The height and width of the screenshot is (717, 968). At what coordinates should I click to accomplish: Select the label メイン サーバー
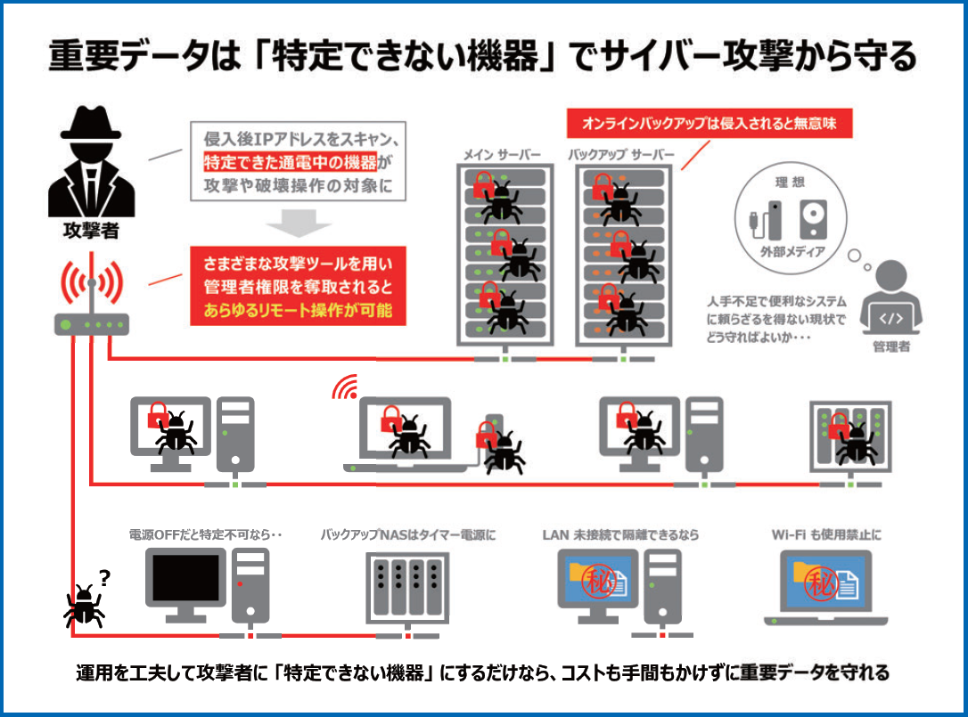point(502,156)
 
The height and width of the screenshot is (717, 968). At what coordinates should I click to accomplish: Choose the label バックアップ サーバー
point(621,156)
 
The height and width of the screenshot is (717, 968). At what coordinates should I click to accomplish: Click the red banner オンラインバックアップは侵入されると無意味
point(710,121)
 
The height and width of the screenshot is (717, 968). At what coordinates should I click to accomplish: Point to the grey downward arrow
point(299,224)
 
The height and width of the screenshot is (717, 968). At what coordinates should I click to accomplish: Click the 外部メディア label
point(785,252)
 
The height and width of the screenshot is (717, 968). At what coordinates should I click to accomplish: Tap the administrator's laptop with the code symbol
point(891,317)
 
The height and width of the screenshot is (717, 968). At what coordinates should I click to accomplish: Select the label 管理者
point(891,346)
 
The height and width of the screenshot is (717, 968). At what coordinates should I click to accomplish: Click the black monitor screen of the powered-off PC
point(185,577)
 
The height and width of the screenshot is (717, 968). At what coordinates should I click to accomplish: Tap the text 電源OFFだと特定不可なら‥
point(205,535)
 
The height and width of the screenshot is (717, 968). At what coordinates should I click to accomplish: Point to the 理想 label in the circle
point(785,182)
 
